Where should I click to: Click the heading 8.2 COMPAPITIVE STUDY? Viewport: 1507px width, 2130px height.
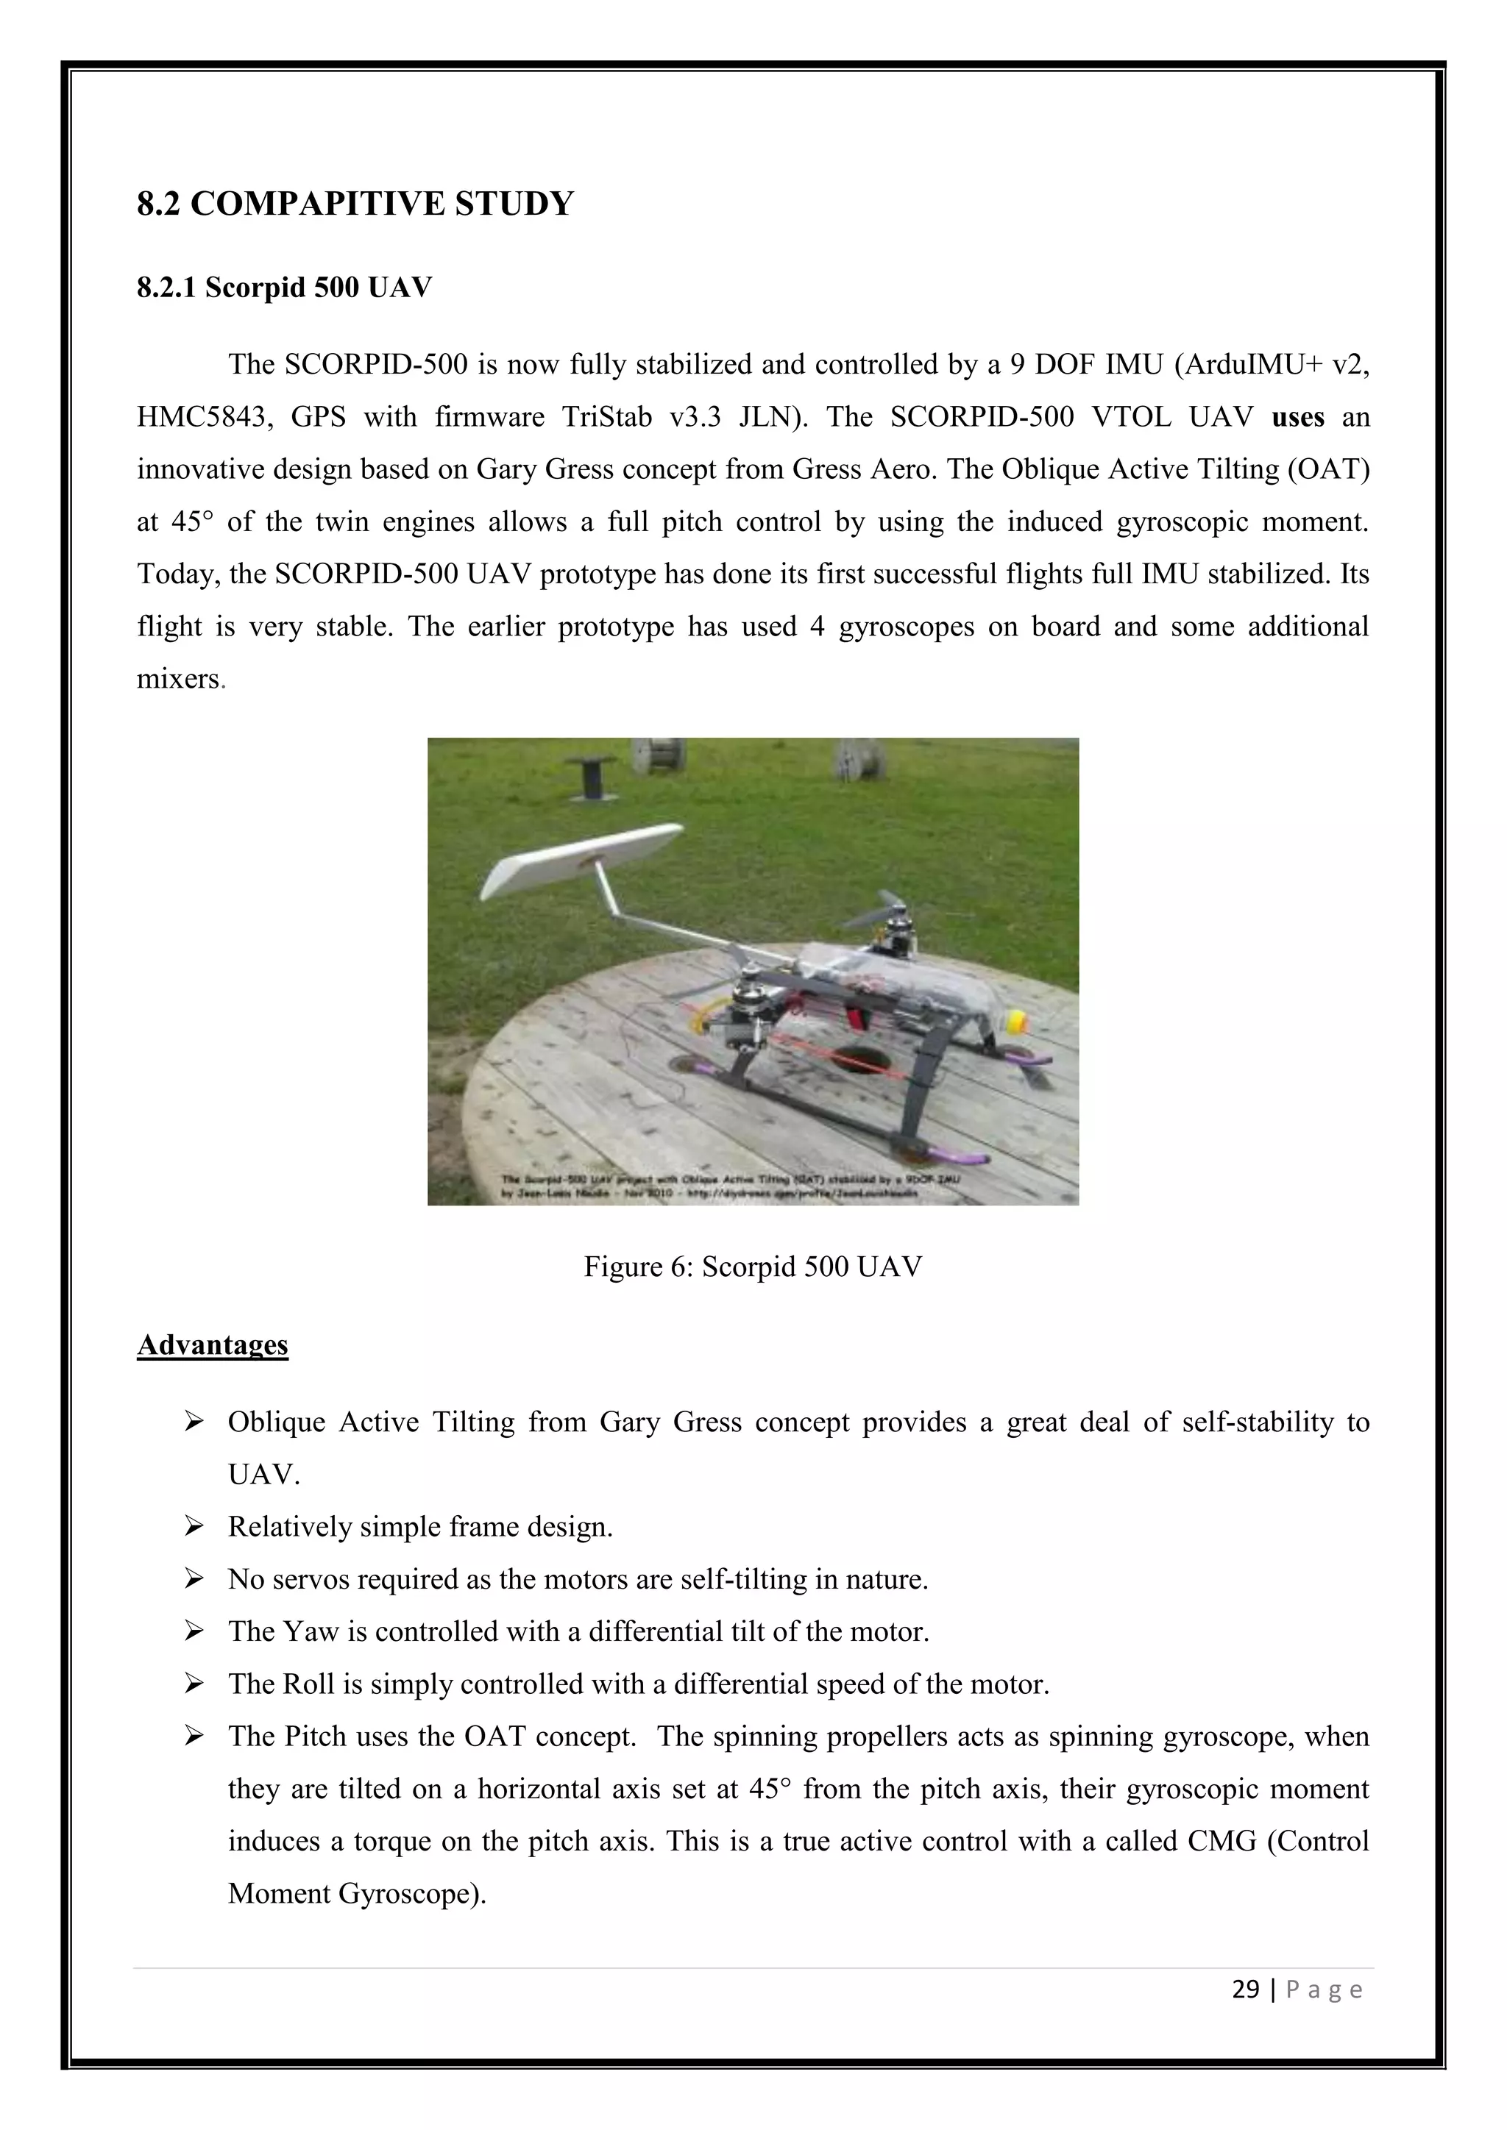[355, 204]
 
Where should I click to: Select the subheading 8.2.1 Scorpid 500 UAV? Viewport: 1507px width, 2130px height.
[284, 288]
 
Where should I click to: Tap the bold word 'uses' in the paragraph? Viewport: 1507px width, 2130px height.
[1297, 418]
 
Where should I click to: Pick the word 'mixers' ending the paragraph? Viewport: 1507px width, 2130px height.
[178, 679]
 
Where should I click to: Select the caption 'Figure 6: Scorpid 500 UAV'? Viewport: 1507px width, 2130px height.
[753, 1267]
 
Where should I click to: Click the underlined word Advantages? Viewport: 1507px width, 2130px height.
[213, 1345]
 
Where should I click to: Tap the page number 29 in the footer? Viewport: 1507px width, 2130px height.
[1245, 1989]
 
